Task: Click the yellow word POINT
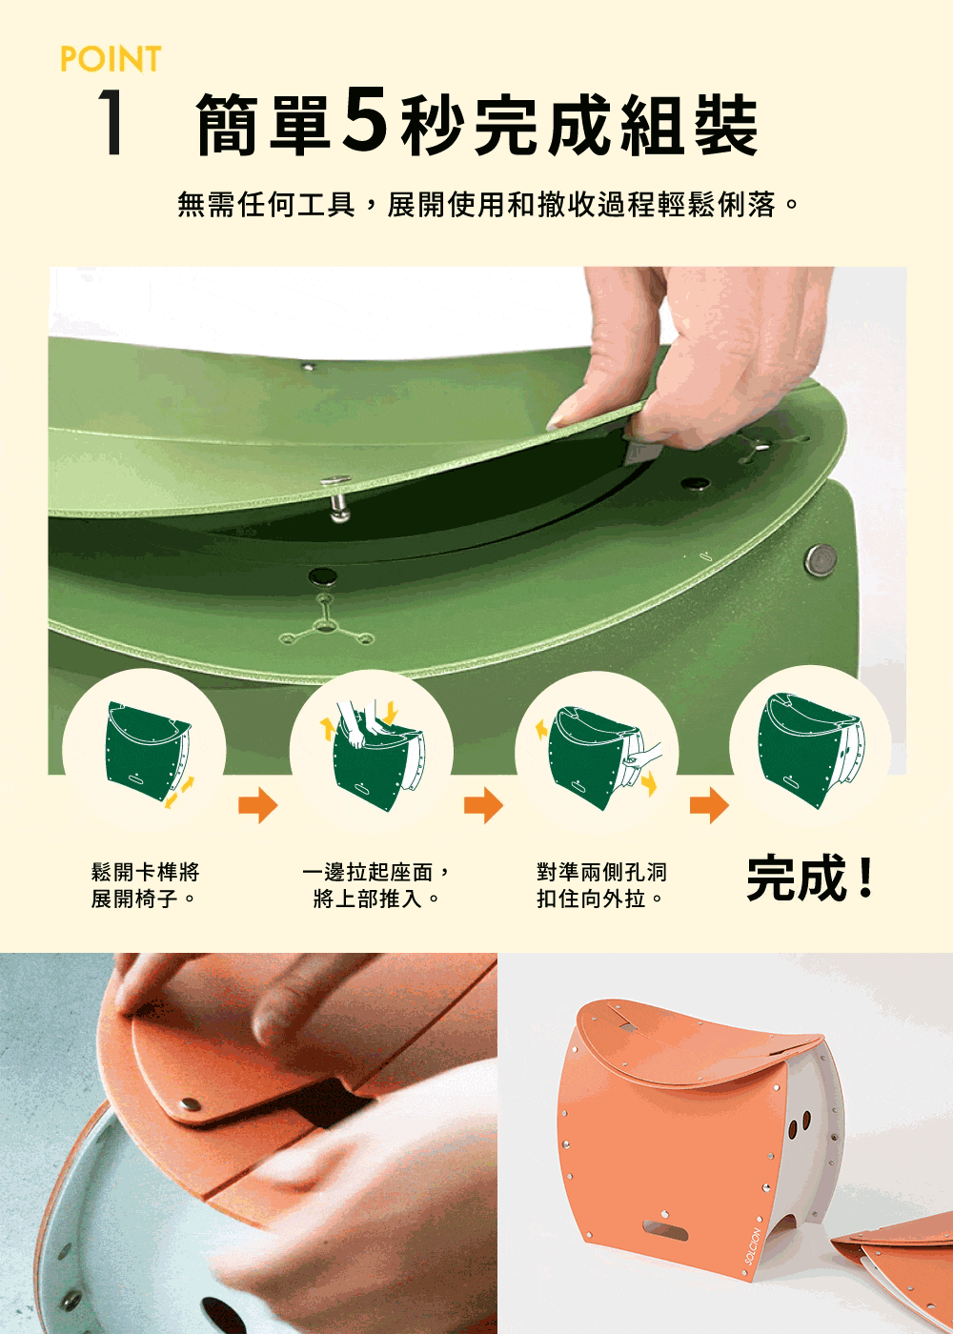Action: click(111, 59)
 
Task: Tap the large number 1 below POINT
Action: click(112, 124)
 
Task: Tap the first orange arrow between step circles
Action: click(257, 805)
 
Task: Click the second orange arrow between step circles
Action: click(483, 805)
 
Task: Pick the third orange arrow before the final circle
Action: click(709, 805)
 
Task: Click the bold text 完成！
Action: click(811, 879)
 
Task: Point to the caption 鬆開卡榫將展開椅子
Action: click(145, 885)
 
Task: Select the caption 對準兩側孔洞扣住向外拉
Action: click(601, 885)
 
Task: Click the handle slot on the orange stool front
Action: click(664, 1230)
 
